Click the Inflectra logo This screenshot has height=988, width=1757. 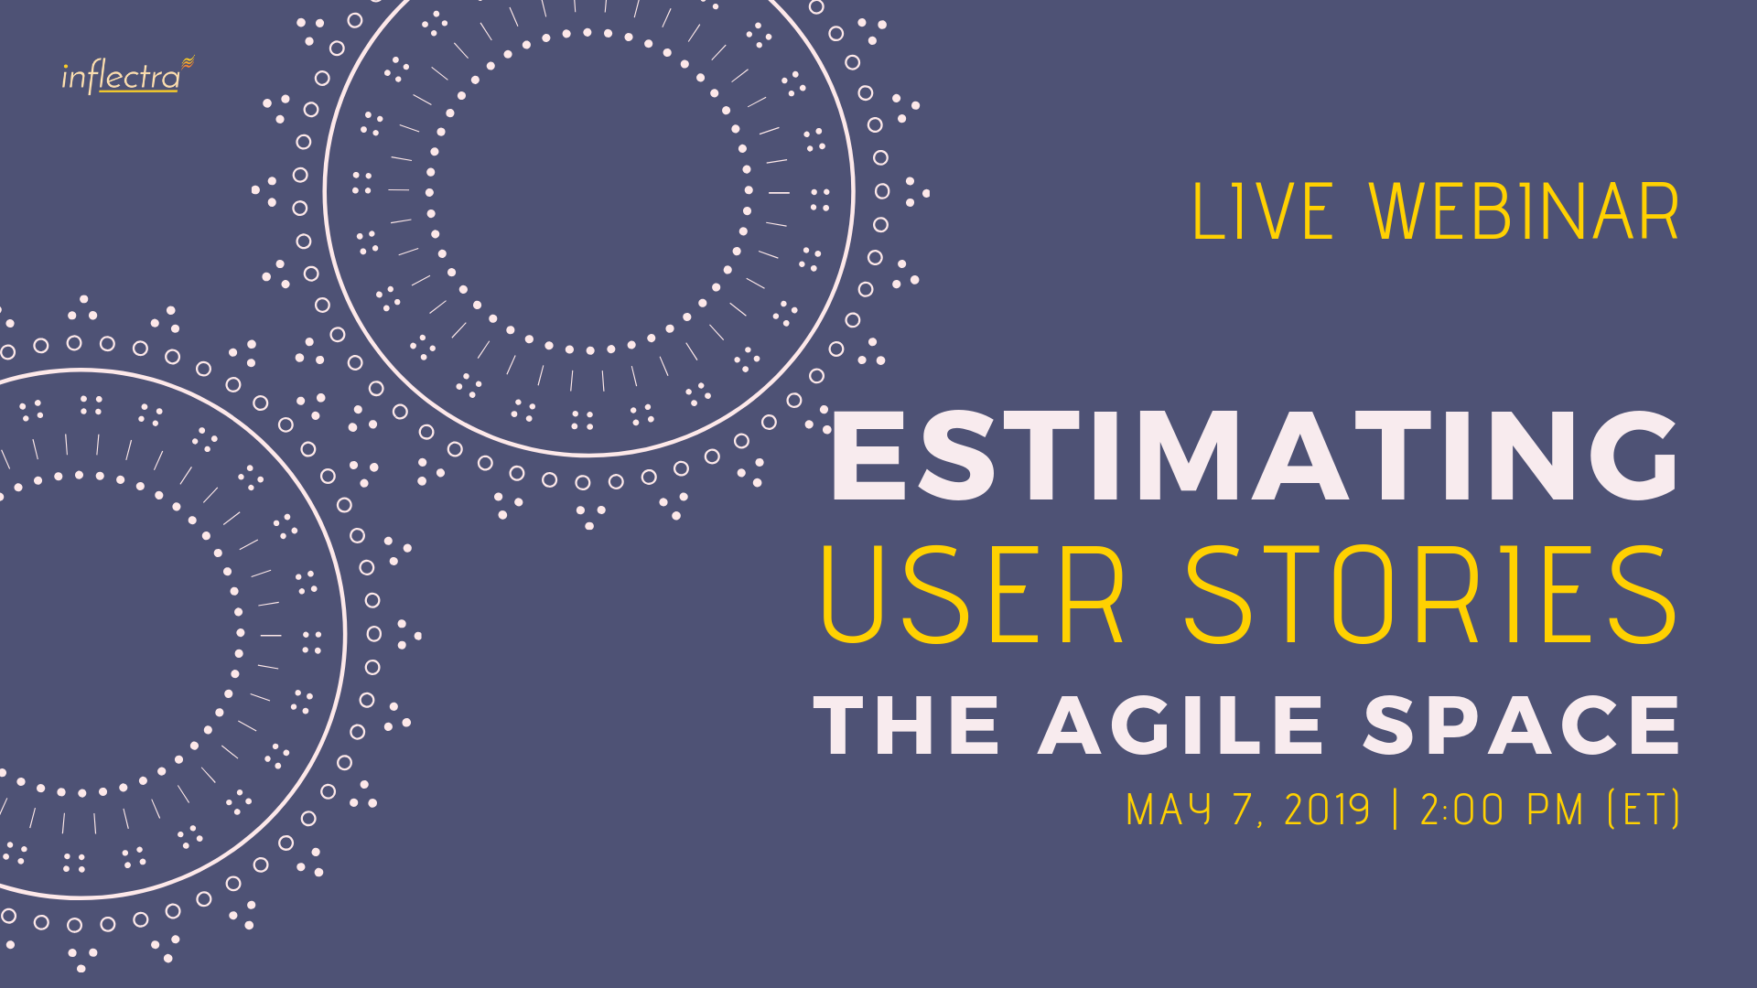pyautogui.click(x=128, y=75)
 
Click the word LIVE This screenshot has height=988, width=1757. pyautogui.click(x=1264, y=212)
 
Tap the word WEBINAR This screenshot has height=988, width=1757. pyautogui.click(x=1525, y=212)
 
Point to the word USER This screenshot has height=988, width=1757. pyautogui.click(x=973, y=595)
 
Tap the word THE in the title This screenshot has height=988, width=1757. pyautogui.click(x=906, y=725)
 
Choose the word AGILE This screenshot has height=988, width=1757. pyautogui.click(x=1180, y=725)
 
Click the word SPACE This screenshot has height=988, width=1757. pyautogui.click(x=1521, y=725)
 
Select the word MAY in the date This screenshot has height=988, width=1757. pyautogui.click(x=1169, y=810)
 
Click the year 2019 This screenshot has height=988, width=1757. pyautogui.click(x=1327, y=810)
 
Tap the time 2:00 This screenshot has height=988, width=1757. pyautogui.click(x=1462, y=810)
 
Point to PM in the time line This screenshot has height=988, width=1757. pyautogui.click(x=1556, y=810)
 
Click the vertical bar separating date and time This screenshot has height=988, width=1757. pyautogui.click(x=1396, y=810)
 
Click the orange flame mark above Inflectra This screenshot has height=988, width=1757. pyautogui.click(x=188, y=61)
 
